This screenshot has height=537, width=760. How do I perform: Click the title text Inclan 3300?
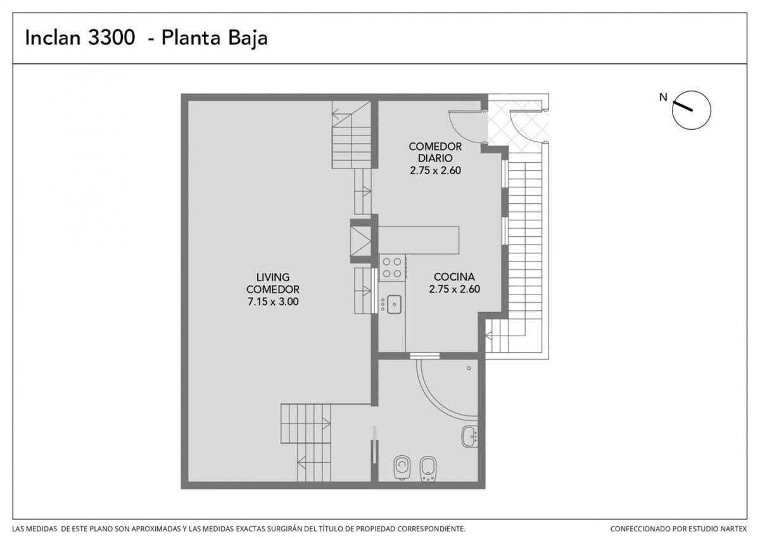tap(80, 37)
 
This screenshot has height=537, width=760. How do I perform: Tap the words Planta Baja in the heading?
tap(215, 38)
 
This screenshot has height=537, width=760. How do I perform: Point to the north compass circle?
tap(692, 110)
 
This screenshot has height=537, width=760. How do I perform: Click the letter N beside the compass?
tap(663, 98)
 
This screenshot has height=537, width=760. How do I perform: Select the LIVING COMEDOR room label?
tap(273, 283)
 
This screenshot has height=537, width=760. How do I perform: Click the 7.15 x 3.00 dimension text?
tap(273, 301)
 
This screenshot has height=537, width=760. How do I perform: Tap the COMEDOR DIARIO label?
tap(435, 153)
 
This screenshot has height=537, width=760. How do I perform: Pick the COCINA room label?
tap(454, 277)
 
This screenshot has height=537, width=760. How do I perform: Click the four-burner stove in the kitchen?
tap(392, 268)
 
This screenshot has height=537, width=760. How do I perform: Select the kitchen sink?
tap(394, 305)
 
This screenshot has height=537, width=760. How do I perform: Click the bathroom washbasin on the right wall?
tap(470, 436)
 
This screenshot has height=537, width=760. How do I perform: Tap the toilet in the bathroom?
tap(402, 468)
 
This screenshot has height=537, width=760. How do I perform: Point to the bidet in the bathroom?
tap(428, 469)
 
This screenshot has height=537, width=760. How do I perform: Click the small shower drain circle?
tap(469, 368)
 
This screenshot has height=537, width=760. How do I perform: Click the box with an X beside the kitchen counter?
tap(360, 241)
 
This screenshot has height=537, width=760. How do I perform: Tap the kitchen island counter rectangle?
tap(419, 240)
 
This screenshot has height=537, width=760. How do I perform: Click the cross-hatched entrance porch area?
tap(518, 122)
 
